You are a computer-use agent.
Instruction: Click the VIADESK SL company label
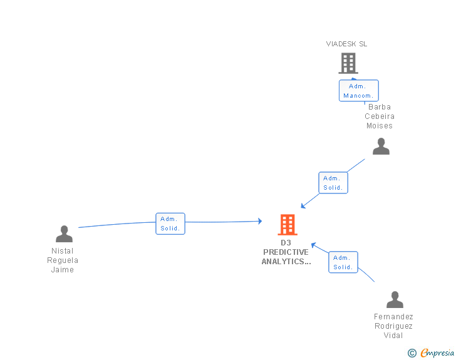click(x=346, y=44)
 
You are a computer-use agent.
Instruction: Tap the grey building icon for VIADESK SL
click(x=348, y=63)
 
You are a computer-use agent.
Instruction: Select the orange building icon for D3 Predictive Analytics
click(x=288, y=224)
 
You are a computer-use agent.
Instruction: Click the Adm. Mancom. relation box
click(x=358, y=91)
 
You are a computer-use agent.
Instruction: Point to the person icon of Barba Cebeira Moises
click(x=381, y=147)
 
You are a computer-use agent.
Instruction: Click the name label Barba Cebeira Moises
click(x=380, y=116)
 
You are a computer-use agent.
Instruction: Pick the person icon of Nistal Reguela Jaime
click(x=64, y=234)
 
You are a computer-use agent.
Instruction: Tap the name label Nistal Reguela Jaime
click(x=63, y=260)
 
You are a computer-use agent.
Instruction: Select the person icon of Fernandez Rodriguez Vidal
click(x=395, y=300)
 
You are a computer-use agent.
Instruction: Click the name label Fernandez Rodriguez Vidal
click(x=393, y=326)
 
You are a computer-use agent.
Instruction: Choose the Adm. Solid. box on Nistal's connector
click(x=170, y=224)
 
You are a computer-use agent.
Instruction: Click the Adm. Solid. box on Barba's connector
click(x=333, y=183)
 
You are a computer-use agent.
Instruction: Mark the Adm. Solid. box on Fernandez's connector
click(x=343, y=262)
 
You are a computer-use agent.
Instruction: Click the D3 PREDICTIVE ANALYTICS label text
click(x=286, y=252)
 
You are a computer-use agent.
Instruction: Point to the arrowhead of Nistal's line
click(x=259, y=221)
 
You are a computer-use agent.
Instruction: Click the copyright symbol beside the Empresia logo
click(x=412, y=353)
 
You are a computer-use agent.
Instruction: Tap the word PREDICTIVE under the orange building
click(x=286, y=252)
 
